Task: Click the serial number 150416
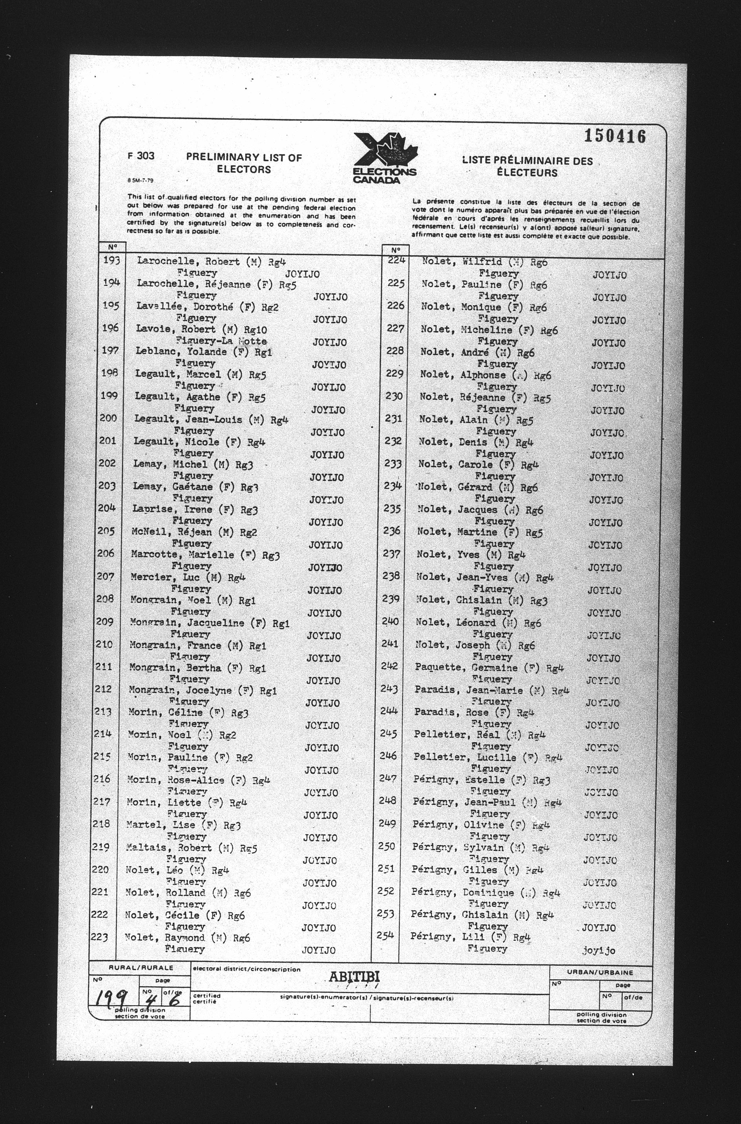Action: (615, 136)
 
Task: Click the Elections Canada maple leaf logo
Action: (385, 158)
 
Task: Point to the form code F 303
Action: (141, 156)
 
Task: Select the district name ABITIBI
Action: (354, 976)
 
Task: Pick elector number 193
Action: (111, 260)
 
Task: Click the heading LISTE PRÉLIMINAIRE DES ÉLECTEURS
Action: (527, 166)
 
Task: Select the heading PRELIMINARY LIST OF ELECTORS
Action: (244, 163)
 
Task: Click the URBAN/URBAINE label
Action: (600, 973)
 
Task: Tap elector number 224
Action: (396, 259)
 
